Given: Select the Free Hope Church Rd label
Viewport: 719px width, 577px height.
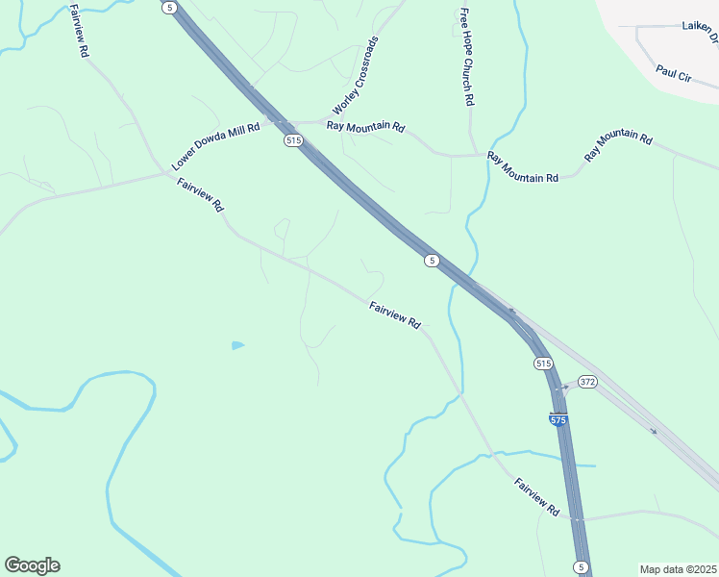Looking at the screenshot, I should (466, 57).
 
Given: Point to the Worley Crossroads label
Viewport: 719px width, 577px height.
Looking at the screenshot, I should (355, 75).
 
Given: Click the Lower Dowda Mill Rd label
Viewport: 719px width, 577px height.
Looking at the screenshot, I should (216, 146).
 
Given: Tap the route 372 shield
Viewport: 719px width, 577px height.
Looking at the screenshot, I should (587, 382).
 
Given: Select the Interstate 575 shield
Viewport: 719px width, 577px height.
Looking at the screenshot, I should (558, 420).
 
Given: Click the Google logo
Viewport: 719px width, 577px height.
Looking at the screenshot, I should (32, 565).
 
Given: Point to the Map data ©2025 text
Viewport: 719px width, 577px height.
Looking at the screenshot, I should (678, 569).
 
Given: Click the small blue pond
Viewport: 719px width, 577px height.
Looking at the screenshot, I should (237, 345).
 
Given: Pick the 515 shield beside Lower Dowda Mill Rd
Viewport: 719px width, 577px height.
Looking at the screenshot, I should (294, 140).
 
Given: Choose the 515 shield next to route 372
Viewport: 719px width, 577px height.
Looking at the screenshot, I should (543, 363).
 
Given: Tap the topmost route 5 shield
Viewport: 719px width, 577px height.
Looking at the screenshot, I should (170, 7).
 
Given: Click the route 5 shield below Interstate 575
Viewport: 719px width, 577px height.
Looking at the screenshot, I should (580, 566).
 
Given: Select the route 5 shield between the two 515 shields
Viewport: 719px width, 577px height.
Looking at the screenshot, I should (433, 260).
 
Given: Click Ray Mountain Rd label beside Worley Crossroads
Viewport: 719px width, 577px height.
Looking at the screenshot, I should (366, 126).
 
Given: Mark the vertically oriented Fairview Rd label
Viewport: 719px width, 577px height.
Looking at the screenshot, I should (79, 32).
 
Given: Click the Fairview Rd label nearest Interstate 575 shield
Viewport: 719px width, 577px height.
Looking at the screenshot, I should (536, 497).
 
